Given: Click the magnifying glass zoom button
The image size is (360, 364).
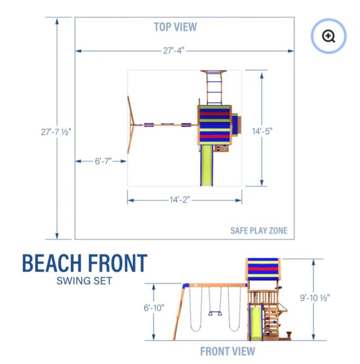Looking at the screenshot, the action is pyautogui.click(x=328, y=36).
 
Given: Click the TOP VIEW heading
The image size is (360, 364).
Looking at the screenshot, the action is pyautogui.click(x=176, y=27).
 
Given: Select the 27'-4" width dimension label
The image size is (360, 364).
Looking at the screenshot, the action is pyautogui.click(x=173, y=51).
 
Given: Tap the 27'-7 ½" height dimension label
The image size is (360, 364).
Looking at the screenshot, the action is pyautogui.click(x=56, y=132).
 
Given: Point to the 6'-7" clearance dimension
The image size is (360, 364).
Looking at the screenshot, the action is pyautogui.click(x=103, y=161).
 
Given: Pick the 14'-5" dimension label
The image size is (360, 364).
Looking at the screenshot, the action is pyautogui.click(x=262, y=131).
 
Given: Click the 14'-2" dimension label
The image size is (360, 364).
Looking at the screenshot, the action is pyautogui.click(x=180, y=199).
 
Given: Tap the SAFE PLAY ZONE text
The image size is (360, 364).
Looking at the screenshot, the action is pyautogui.click(x=259, y=231).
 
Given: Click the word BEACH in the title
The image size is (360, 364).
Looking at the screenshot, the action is pyautogui.click(x=52, y=263).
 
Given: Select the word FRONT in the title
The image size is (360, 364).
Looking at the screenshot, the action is pyautogui.click(x=118, y=263).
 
